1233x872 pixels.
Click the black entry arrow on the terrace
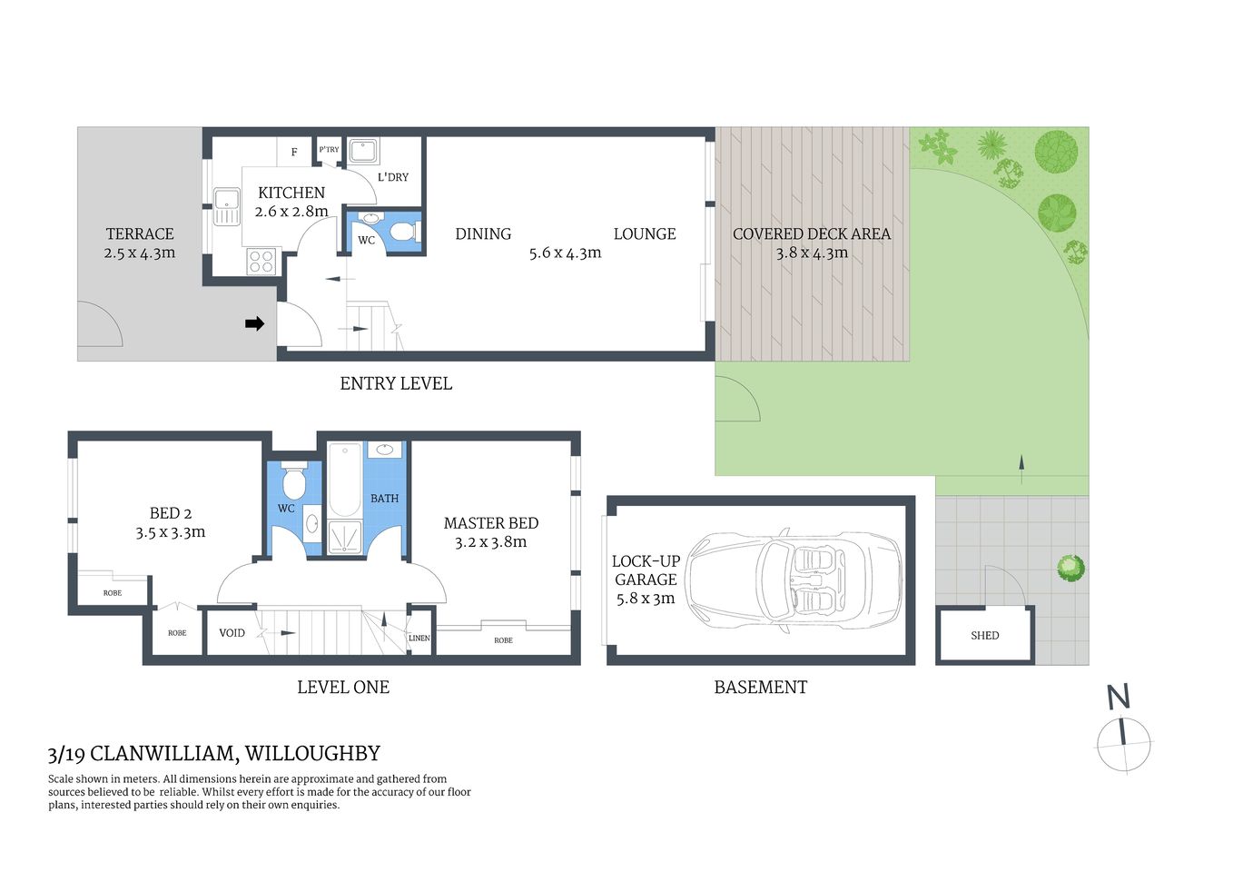coord(255,323)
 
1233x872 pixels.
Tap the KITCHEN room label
coord(291,193)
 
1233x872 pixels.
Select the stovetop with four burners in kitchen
coord(261,262)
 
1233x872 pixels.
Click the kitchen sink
coord(226,206)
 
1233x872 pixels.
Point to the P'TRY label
coord(329,150)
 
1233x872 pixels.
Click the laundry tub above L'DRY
coord(364,151)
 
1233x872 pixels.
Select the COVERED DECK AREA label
coord(811,233)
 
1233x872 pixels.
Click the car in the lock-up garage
coord(794,580)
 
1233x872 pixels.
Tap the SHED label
coord(984,636)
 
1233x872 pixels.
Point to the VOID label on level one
coord(232,633)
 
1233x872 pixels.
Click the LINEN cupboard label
coord(419,638)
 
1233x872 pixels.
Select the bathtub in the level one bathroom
coord(344,481)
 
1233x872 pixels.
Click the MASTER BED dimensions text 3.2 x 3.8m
coord(490,542)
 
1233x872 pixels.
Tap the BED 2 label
coord(171,513)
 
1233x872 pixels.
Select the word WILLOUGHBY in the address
coord(312,753)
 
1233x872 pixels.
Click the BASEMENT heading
coord(760,688)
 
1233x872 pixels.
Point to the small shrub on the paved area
coord(1070,569)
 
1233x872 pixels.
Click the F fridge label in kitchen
coord(294,152)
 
